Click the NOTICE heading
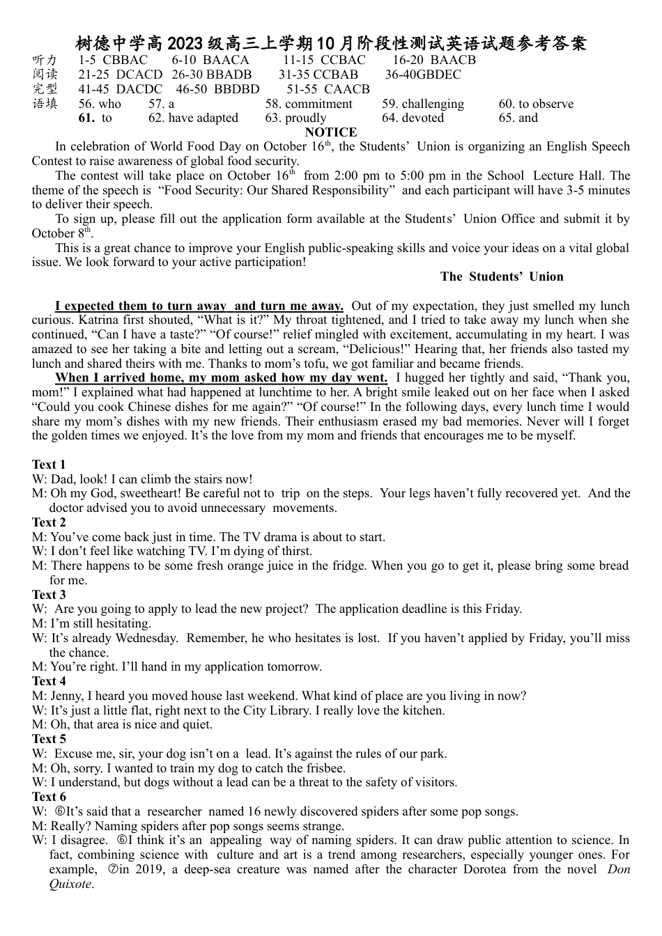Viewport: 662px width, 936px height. click(331, 132)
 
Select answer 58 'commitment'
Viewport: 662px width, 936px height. click(309, 104)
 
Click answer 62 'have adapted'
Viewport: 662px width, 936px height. click(193, 118)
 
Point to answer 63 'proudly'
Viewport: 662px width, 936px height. click(295, 118)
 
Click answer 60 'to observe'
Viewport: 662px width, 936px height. click(536, 104)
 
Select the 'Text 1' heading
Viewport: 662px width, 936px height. click(49, 465)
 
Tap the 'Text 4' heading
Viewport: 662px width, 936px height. click(49, 681)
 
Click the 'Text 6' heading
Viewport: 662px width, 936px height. click(49, 797)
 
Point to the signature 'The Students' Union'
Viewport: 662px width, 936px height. click(502, 276)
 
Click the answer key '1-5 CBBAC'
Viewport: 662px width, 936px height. click(113, 60)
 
